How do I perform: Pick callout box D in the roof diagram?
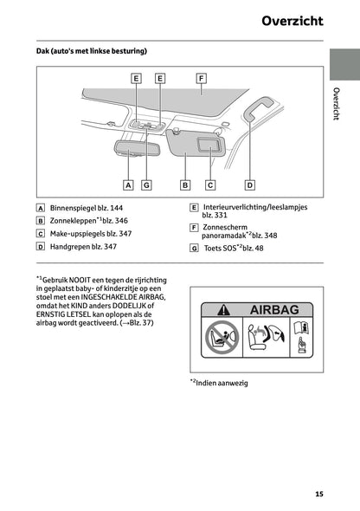tap(249, 184)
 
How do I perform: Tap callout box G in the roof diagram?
tap(146, 184)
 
